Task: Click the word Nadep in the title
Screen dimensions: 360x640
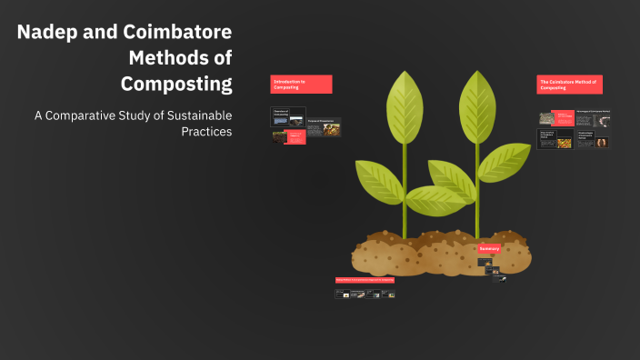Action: click(46, 33)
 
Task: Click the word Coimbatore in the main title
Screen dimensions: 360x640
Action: click(174, 33)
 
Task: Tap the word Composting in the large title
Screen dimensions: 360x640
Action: click(176, 84)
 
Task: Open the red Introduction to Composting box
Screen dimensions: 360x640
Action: click(301, 84)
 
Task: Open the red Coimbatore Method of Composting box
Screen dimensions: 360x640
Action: click(569, 84)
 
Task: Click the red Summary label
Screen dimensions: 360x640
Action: click(489, 248)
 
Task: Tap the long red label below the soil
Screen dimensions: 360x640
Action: click(365, 280)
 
